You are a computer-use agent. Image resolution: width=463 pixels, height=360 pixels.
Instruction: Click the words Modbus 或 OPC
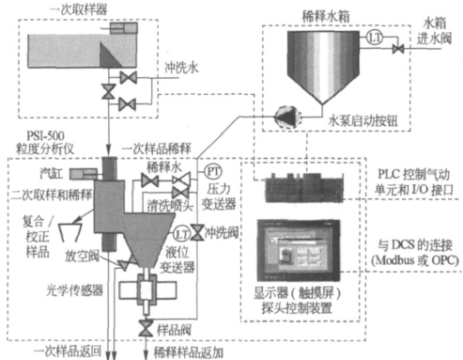pyautogui.click(x=415, y=258)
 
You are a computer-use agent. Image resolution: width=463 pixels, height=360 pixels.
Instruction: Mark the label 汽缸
pyautogui.click(x=42, y=175)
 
